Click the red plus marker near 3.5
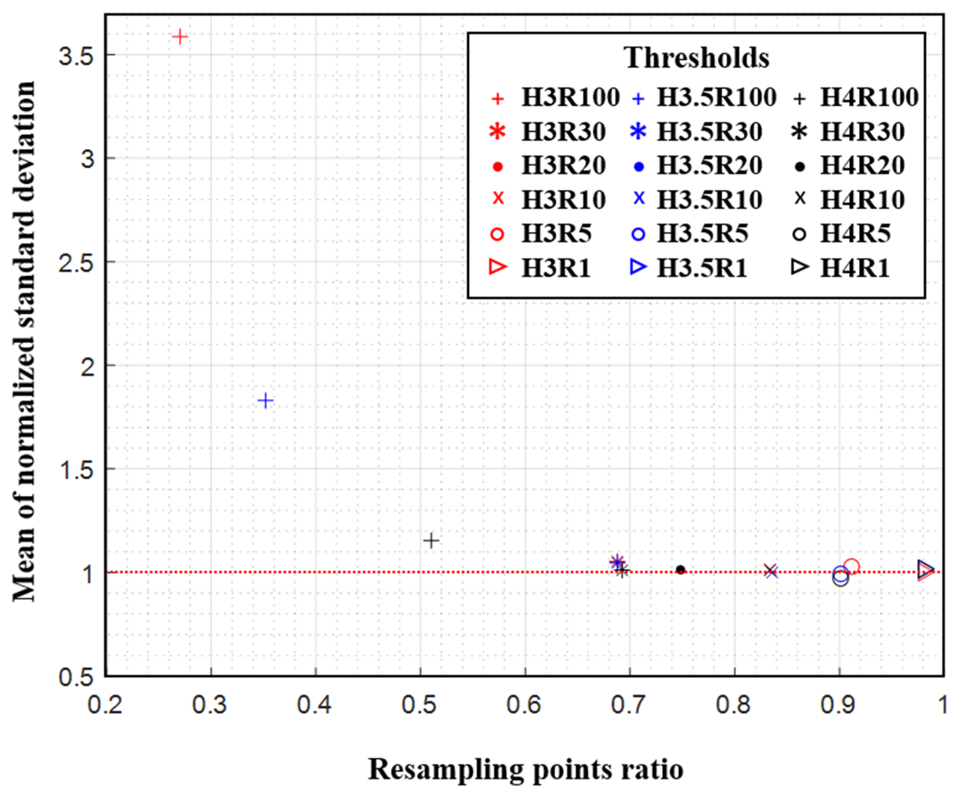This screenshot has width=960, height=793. pyautogui.click(x=180, y=36)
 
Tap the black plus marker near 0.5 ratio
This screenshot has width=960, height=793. pyautogui.click(x=431, y=541)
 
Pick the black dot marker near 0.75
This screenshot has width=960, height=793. pyautogui.click(x=681, y=570)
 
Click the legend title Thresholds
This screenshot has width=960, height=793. pyautogui.click(x=696, y=58)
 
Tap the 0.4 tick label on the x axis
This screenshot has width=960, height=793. pyautogui.click(x=315, y=705)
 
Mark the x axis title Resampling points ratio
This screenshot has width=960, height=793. pyautogui.click(x=525, y=769)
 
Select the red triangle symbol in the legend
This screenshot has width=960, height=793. pyautogui.click(x=497, y=267)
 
